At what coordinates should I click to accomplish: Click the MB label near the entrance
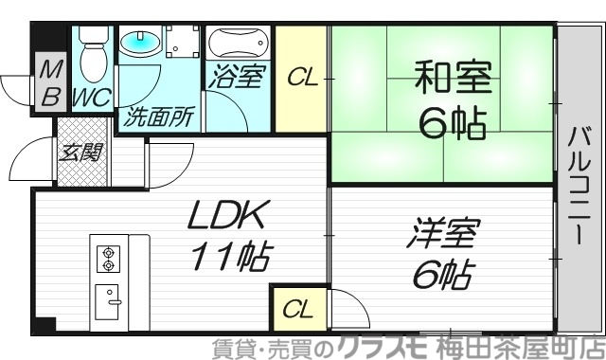51,82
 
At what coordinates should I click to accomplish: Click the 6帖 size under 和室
452,123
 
